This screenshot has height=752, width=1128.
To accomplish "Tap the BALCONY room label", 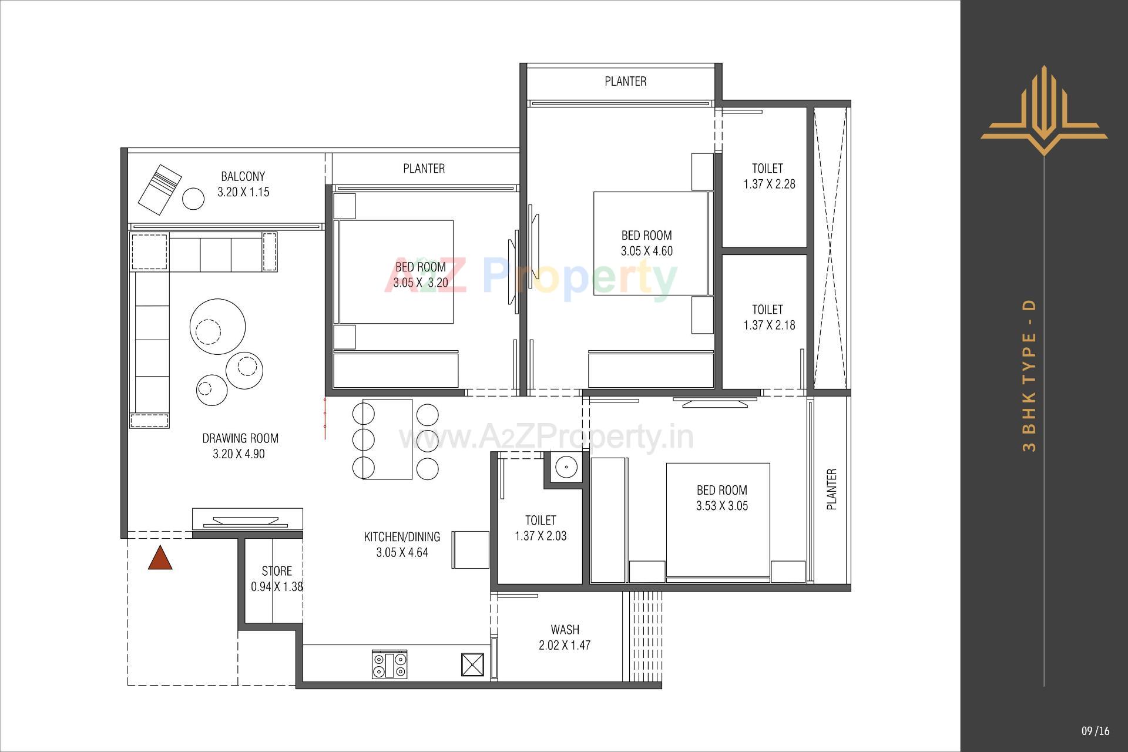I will pos(243,176).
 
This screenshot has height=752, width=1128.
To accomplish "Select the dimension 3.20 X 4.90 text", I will pos(239,454).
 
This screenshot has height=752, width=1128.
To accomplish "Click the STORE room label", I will pos(277,571).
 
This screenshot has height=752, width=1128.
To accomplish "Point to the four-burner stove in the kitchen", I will pos(390,665).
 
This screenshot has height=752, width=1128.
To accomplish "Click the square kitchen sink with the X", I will pos(473,665).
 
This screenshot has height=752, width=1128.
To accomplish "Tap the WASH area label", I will pos(565,630).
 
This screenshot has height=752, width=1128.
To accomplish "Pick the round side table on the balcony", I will pos(193,199).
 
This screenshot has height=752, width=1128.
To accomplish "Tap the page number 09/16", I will pos(1096,731).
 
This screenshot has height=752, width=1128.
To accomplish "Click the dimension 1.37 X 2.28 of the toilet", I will pos(769,184).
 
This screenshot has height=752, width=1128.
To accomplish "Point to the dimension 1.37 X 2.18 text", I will pos(769,325).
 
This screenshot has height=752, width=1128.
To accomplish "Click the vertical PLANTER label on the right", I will pos(831,489).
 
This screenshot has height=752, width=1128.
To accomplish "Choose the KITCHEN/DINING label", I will pos(402,536).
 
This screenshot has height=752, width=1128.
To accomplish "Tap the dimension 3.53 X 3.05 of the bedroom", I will pos(722,506).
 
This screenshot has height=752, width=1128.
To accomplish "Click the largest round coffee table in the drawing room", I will pos(217,328).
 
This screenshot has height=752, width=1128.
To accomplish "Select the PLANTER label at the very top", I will pos(626,81).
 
